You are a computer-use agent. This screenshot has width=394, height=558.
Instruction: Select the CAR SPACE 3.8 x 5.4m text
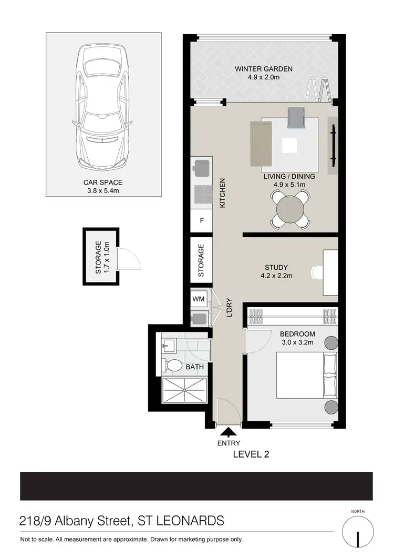click(x=102, y=186)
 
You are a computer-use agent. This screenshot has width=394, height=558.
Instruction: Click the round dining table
click(x=290, y=209)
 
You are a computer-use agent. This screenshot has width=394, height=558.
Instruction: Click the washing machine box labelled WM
click(x=199, y=299)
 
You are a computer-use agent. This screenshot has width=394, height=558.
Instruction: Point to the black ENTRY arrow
click(x=228, y=432)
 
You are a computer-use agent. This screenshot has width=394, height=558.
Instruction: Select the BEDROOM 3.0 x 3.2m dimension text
click(x=297, y=338)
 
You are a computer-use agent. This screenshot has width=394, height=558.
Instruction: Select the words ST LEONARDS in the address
click(x=181, y=521)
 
